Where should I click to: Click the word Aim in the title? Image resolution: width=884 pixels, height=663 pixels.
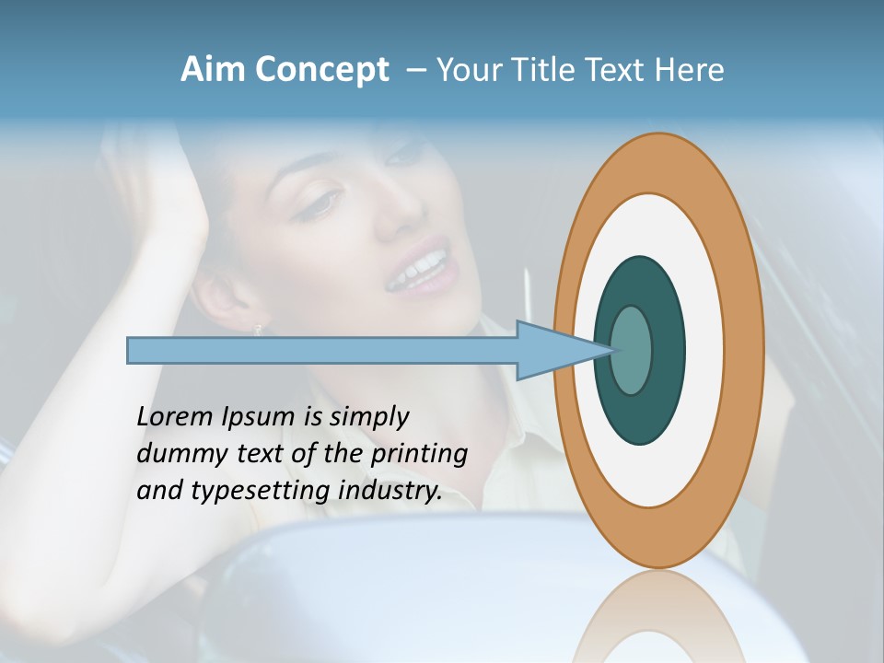[x=213, y=70]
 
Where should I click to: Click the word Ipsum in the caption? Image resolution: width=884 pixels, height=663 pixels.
[x=260, y=417]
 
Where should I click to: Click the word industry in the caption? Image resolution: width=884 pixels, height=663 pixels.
[x=390, y=491]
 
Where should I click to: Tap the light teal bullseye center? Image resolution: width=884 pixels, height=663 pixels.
[x=632, y=351]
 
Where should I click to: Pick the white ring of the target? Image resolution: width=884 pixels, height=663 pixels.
[x=704, y=351]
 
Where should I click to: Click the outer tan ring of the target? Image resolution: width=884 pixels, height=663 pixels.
[x=747, y=351]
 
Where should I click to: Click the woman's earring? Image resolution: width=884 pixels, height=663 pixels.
[x=258, y=328]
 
